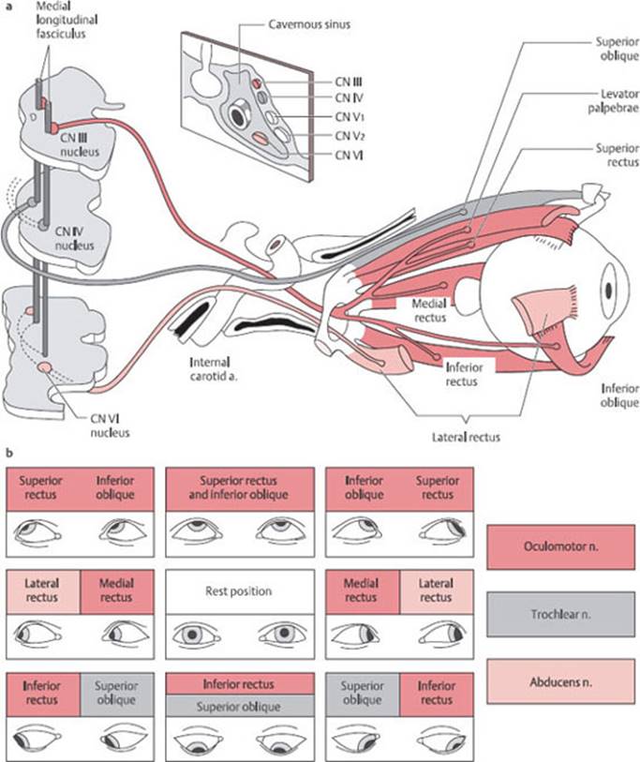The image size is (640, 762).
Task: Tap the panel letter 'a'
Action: (8, 7)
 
